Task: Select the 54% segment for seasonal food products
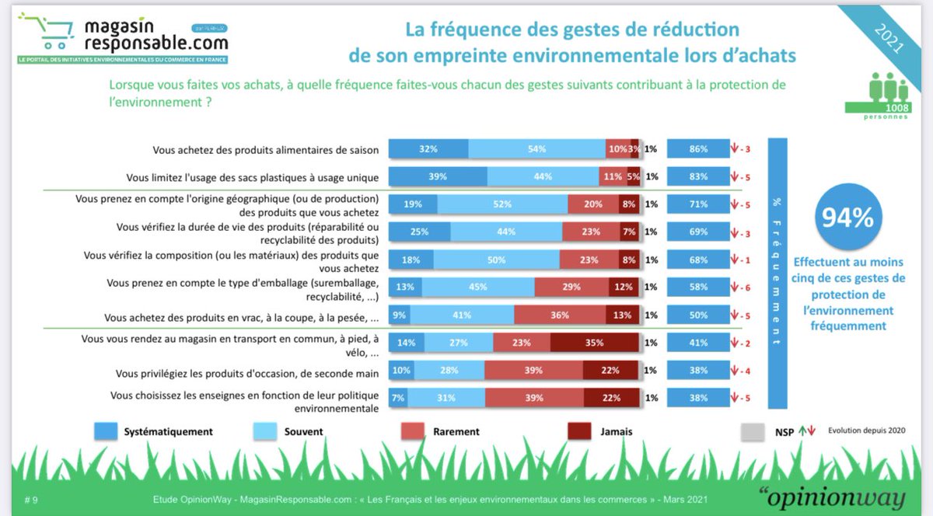[x=536, y=149]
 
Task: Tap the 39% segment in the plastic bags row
[x=438, y=176]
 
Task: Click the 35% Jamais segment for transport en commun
[x=595, y=341]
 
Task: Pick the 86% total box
[x=697, y=149]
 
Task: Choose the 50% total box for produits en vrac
[x=697, y=315]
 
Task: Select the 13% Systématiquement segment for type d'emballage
[x=405, y=287]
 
